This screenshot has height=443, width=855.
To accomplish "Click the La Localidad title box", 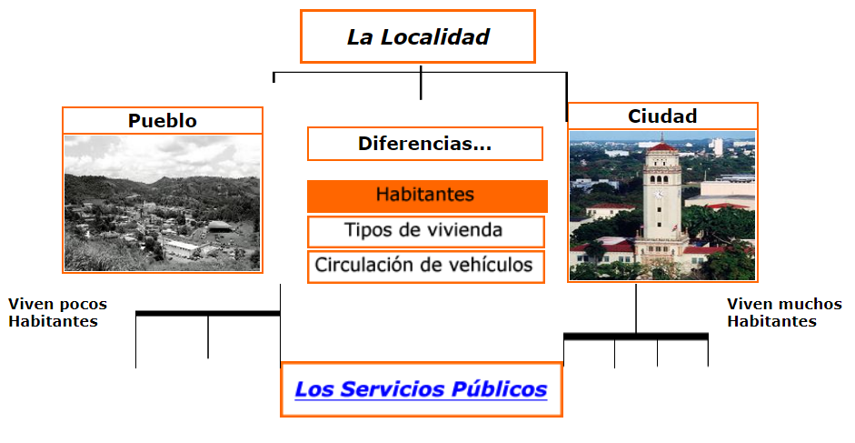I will pyautogui.click(x=418, y=36).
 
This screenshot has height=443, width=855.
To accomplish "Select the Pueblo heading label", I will pyautogui.click(x=162, y=121).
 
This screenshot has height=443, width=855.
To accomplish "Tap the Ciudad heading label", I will pyautogui.click(x=662, y=116).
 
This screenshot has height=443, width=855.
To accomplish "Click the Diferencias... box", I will pyautogui.click(x=424, y=144).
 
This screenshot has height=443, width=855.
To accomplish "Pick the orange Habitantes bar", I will pyautogui.click(x=426, y=196).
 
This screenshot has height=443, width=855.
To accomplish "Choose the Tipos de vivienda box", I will pyautogui.click(x=424, y=231).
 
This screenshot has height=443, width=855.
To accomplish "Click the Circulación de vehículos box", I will pyautogui.click(x=424, y=267).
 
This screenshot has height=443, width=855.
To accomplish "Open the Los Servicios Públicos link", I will pyautogui.click(x=421, y=390).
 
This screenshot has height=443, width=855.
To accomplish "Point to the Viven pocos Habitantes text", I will pyautogui.click(x=56, y=312).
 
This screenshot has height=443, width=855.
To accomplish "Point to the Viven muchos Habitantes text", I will pyautogui.click(x=783, y=312).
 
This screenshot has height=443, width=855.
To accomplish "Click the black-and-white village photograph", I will pyautogui.click(x=162, y=203).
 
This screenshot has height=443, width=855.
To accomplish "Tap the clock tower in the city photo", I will pyautogui.click(x=662, y=205).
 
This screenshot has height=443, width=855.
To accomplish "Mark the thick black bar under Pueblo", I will pyautogui.click(x=207, y=313).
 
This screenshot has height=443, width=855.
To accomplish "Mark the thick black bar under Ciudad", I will pyautogui.click(x=635, y=337).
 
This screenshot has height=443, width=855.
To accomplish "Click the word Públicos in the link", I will pyautogui.click(x=503, y=390).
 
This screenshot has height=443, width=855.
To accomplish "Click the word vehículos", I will pyautogui.click(x=491, y=267).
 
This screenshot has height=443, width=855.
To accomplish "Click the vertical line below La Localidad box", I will pyautogui.click(x=421, y=83).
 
